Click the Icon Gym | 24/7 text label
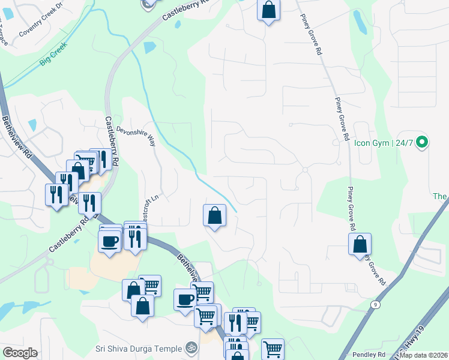[x=384, y=143]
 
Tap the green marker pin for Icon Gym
[x=421, y=143]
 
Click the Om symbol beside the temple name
[x=191, y=347]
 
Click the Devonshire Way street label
[x=136, y=136]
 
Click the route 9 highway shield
[x=375, y=305]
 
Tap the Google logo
[x=20, y=353]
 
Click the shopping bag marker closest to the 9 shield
[x=360, y=244]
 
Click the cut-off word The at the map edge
[x=441, y=196]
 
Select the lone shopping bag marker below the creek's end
[x=215, y=215]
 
